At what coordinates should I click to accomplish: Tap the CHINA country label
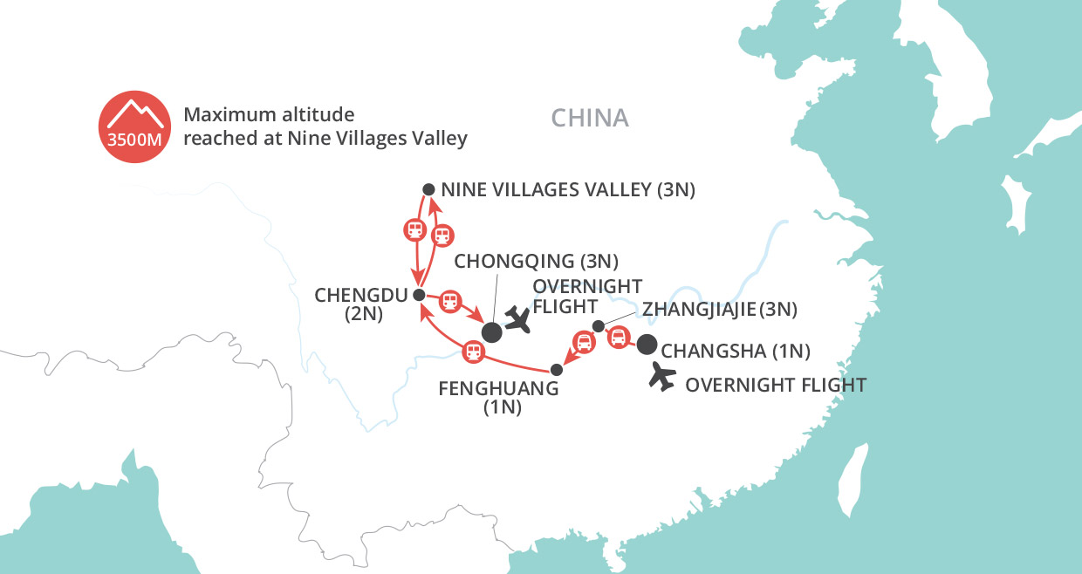590,118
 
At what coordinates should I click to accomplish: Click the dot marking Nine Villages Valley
428,189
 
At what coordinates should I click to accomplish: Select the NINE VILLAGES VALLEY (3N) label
568,190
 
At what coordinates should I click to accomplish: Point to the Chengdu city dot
419,294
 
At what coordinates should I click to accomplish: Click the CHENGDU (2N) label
349,304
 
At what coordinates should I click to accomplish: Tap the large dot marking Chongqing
492,331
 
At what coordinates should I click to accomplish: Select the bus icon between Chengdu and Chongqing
449,302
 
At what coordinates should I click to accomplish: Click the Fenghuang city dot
557,370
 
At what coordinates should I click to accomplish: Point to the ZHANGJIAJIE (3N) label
719,308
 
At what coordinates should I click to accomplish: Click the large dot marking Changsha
647,345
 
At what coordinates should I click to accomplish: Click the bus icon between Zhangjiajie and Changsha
618,337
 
